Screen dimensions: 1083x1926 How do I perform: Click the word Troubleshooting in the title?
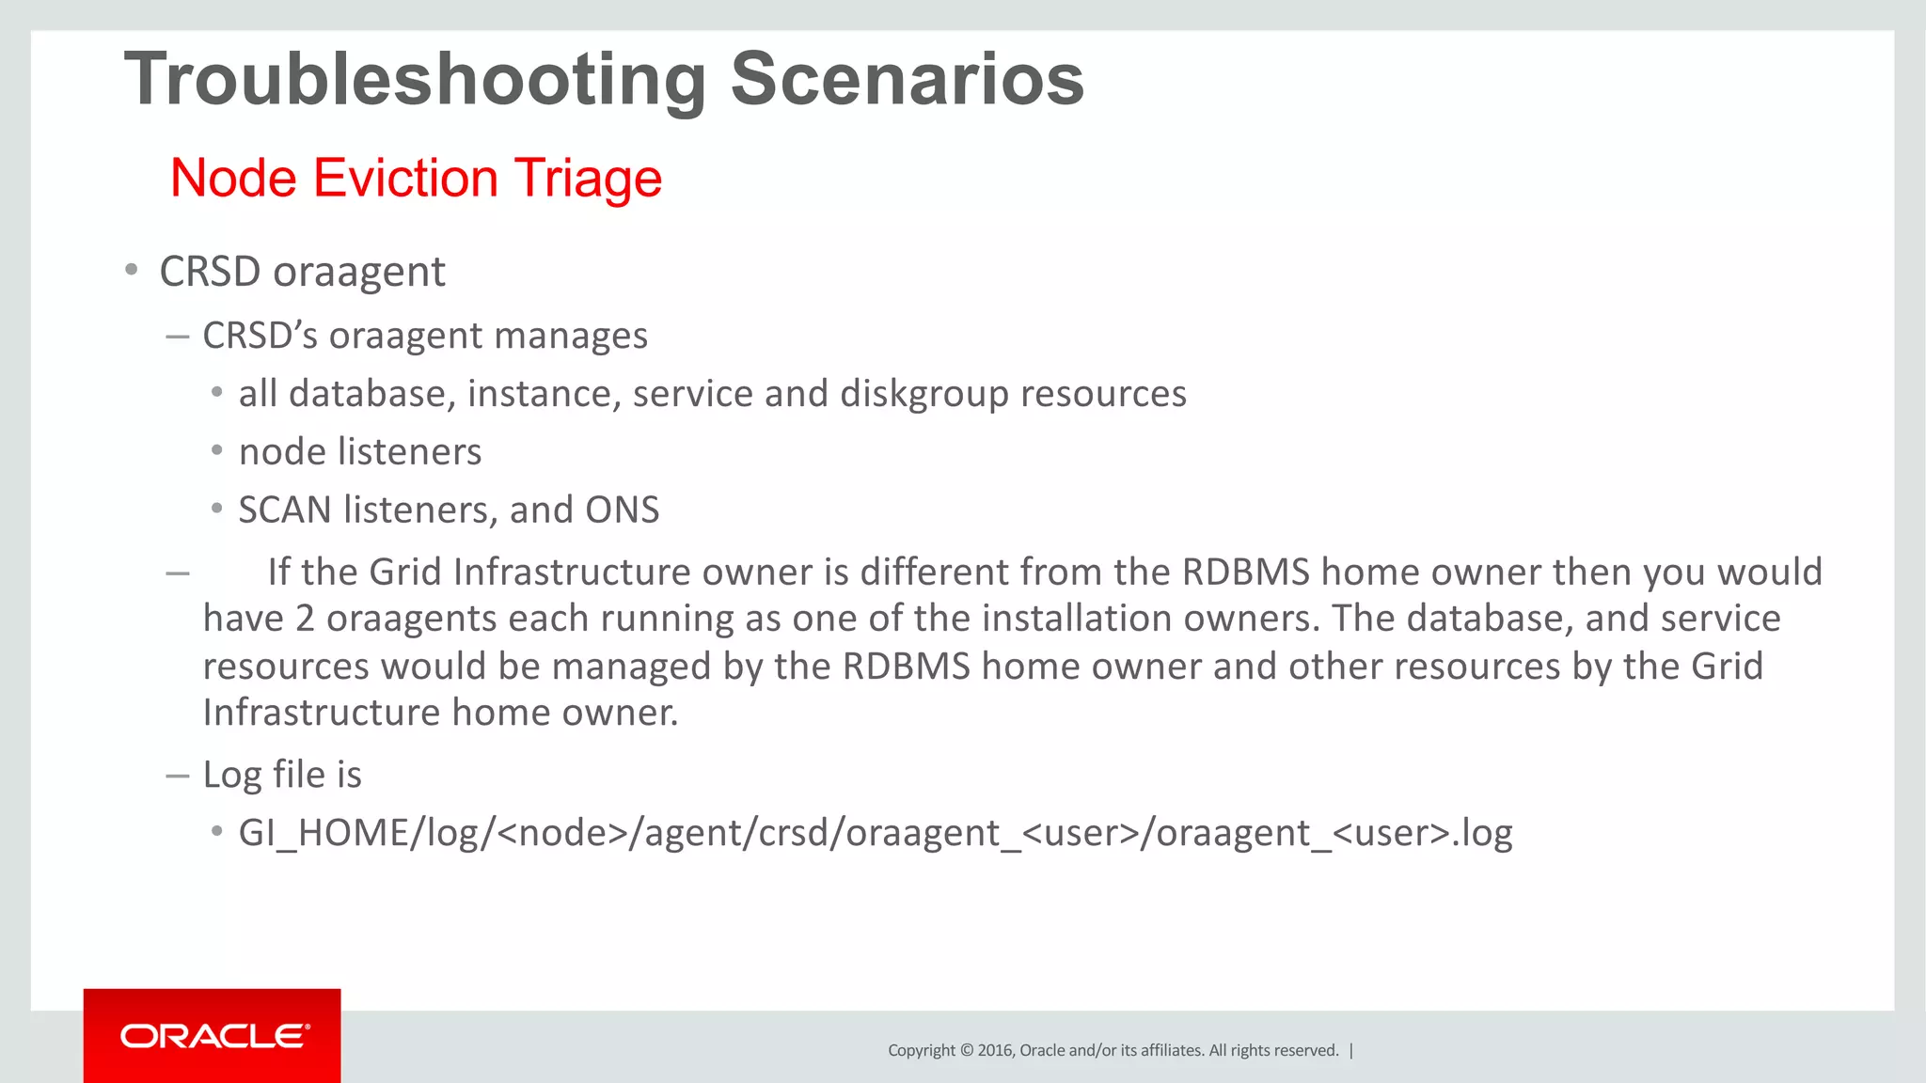pyautogui.click(x=415, y=81)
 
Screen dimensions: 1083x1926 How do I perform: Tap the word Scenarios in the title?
pyautogui.click(x=907, y=79)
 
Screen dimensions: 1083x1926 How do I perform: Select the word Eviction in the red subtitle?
pyautogui.click(x=405, y=178)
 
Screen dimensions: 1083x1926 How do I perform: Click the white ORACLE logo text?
pyautogui.click(x=214, y=1036)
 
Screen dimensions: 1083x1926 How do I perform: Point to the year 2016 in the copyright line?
pyautogui.click(x=994, y=1050)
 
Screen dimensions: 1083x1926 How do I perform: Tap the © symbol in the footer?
pyautogui.click(x=965, y=1050)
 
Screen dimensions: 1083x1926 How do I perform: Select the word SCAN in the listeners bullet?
pyautogui.click(x=285, y=510)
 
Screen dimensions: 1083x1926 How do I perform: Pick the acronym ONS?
pyautogui.click(x=622, y=510)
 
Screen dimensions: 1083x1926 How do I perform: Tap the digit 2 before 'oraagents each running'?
pyautogui.click(x=305, y=619)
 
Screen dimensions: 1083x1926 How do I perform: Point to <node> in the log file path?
pyautogui.click(x=561, y=833)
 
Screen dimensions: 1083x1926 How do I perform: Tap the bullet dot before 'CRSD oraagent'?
pyautogui.click(x=132, y=271)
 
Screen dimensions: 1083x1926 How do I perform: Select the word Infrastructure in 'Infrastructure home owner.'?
pyautogui.click(x=321, y=713)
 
